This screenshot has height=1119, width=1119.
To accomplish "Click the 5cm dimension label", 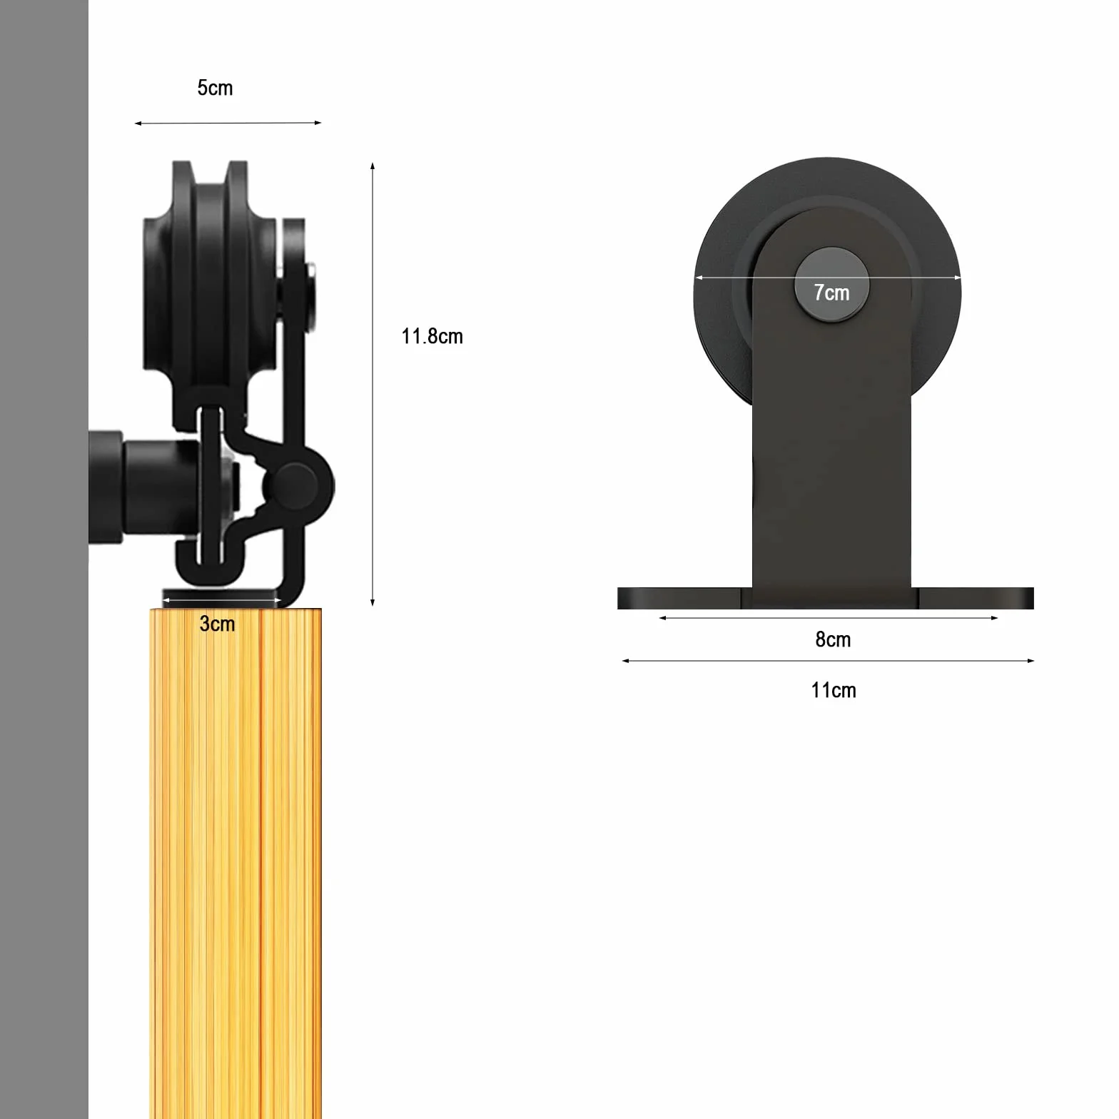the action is click(x=215, y=88).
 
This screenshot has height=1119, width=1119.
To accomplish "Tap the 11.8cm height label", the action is click(x=432, y=336).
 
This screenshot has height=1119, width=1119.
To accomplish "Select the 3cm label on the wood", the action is click(x=217, y=624).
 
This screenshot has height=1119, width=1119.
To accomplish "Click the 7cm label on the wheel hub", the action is click(x=831, y=293).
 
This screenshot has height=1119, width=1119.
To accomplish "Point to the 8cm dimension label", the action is click(x=833, y=639).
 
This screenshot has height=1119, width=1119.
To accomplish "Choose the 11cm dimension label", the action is click(x=833, y=690).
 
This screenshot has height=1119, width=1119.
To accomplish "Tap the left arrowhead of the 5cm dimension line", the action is click(x=138, y=123).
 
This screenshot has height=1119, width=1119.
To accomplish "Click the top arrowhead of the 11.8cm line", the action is click(x=373, y=167).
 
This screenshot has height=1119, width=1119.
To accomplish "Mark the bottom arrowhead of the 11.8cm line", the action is click(x=373, y=602).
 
